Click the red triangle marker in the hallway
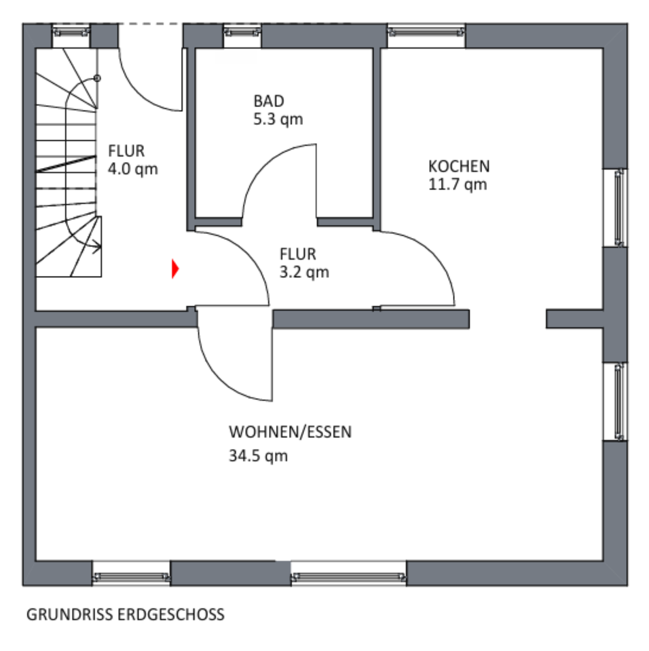[x=175, y=269]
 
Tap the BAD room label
[x=269, y=101]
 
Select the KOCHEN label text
[x=459, y=166]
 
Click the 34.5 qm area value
[x=258, y=456]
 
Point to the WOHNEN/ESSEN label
[x=290, y=432]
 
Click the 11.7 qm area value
[x=458, y=184]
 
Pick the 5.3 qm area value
[x=278, y=119]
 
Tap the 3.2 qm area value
[x=304, y=272]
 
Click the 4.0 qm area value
[x=132, y=169]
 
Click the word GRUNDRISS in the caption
[x=69, y=614]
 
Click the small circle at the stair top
[x=97, y=78]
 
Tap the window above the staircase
[x=71, y=33]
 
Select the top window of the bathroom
[x=242, y=33]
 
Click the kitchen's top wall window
[x=426, y=33]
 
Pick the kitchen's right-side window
[x=616, y=208]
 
